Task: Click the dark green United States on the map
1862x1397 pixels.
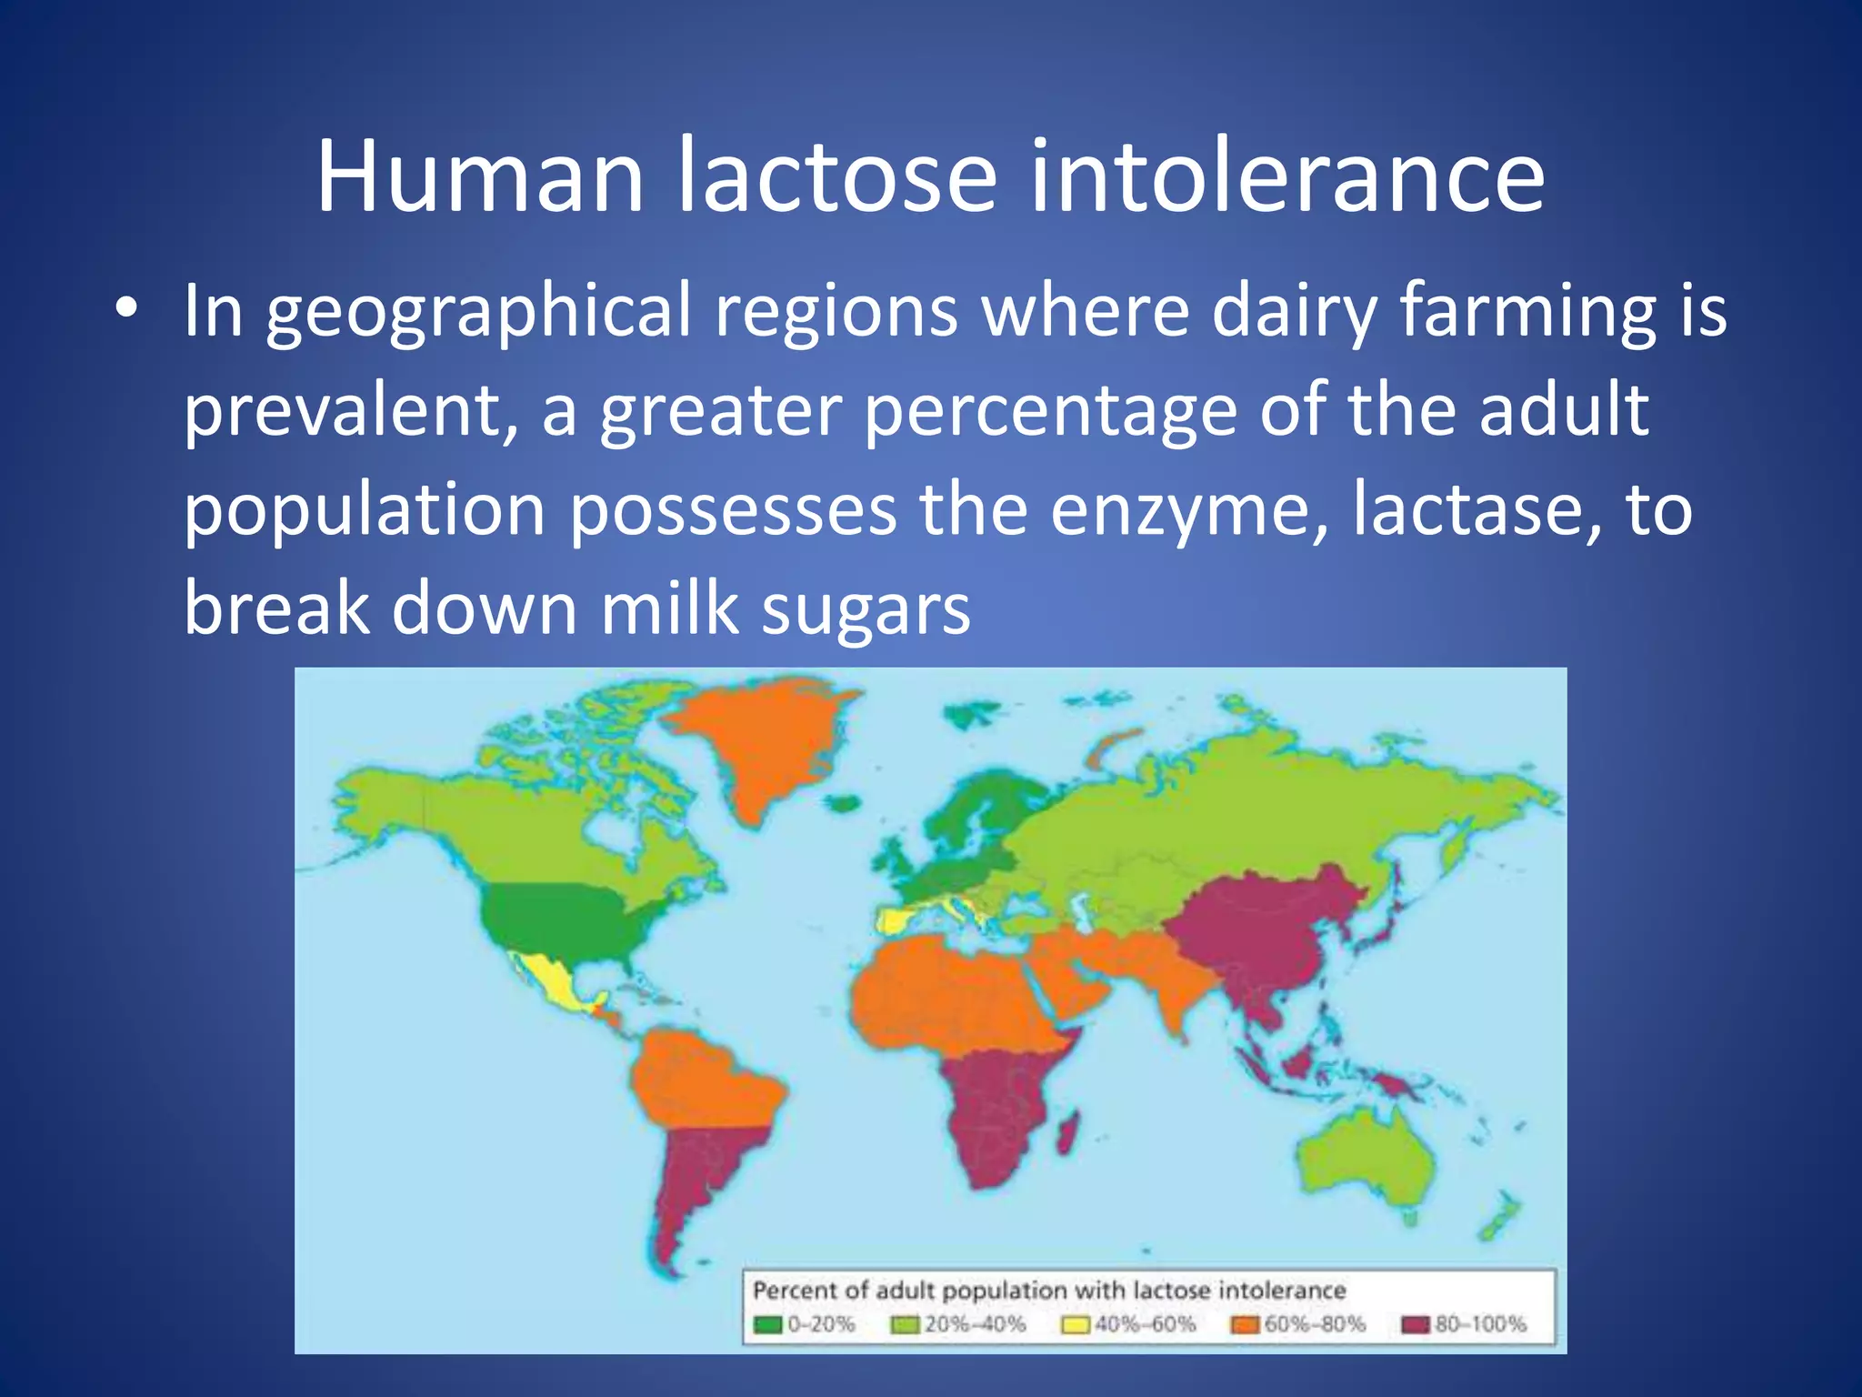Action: tap(564, 919)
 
